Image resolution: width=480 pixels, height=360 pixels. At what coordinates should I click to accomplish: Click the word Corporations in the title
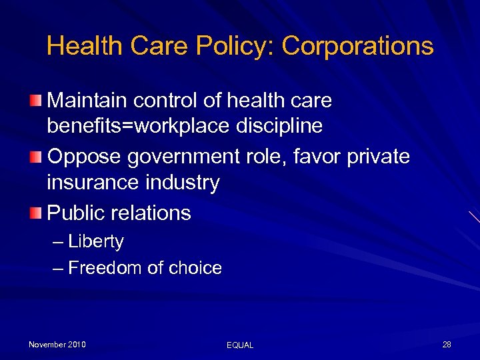357,46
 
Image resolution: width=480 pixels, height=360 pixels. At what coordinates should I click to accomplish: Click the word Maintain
87,101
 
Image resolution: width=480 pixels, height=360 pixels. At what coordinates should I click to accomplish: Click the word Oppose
84,157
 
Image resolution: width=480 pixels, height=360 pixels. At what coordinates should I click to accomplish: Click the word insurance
90,182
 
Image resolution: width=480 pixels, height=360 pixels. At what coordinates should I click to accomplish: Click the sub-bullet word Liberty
96,241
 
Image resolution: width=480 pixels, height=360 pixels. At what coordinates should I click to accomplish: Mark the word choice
194,268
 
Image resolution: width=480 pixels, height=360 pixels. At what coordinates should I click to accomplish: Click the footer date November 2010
57,345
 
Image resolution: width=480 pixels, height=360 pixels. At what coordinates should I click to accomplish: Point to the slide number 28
447,345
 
